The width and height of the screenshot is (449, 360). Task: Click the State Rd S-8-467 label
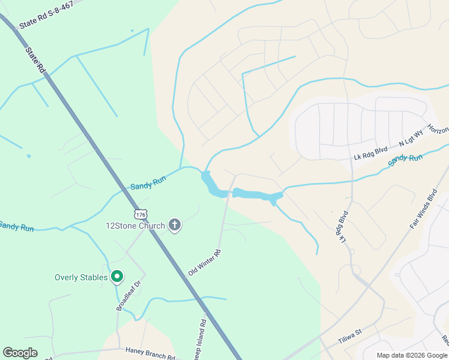pos(46,15)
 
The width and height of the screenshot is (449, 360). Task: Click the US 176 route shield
pos(140,214)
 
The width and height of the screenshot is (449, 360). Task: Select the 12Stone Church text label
pos(135,226)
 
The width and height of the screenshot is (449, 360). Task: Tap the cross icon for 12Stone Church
pos(175,226)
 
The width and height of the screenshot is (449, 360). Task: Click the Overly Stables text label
pos(81,277)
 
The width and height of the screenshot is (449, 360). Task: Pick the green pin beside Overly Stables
pos(117,277)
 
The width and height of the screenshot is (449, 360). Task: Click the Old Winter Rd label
pos(205,262)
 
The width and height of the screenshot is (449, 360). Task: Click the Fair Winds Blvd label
pos(423,210)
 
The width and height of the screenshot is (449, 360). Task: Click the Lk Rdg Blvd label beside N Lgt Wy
pos(371,154)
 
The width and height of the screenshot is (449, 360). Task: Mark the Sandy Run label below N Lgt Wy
pos(405,160)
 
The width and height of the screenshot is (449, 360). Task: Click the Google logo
pos(20,353)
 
